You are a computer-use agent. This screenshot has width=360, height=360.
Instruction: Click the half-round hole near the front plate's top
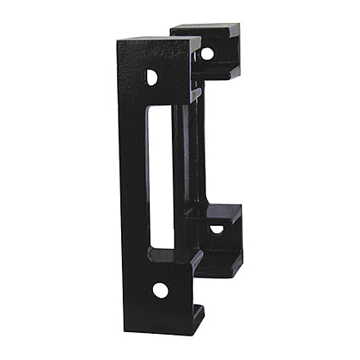coord(152,77)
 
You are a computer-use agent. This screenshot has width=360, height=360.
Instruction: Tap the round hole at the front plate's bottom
coord(160,290)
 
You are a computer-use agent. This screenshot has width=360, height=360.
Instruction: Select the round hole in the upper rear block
coord(207,53)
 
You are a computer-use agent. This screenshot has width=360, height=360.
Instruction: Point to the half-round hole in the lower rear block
coord(216,229)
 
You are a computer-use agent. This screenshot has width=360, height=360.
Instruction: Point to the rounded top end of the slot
coord(160,109)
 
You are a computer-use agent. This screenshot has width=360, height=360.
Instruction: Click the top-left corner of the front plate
coord(117,41)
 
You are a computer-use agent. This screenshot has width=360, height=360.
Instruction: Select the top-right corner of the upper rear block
coord(239,25)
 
